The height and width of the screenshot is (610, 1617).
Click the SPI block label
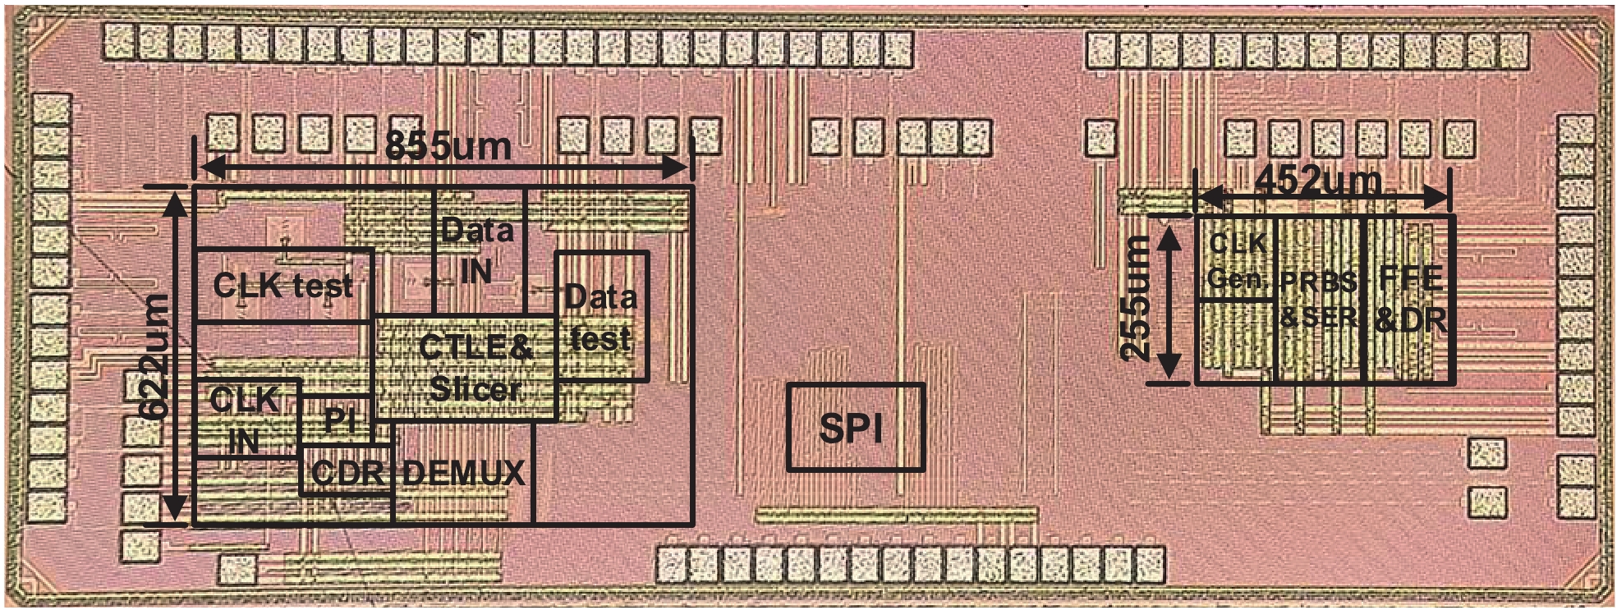851,429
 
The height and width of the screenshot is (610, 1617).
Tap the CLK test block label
283,286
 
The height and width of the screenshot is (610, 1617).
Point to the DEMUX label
463,473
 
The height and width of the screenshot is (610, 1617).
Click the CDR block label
348,473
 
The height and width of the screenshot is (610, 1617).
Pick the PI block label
339,420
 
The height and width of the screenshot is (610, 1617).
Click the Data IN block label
477,250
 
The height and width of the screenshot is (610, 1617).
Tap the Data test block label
600,318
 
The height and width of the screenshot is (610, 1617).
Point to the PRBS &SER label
1319,299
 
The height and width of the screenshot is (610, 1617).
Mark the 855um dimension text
448,147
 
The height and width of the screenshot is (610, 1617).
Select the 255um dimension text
1137,296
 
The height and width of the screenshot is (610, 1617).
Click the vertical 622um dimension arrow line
174,355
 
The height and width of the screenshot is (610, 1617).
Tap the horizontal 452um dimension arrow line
1321,198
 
